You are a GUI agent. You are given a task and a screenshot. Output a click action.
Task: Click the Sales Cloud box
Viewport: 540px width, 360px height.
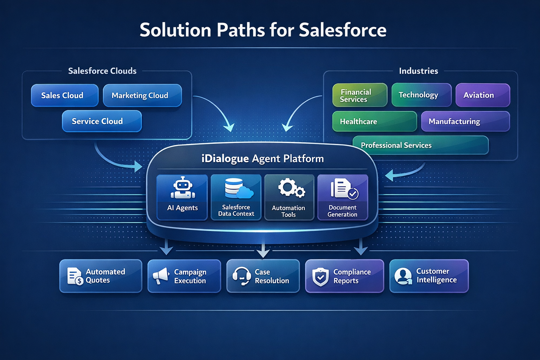tap(65, 95)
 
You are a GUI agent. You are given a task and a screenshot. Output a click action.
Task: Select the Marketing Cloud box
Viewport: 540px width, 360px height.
tap(142, 95)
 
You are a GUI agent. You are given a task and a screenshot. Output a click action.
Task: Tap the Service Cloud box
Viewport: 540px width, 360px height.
tap(102, 121)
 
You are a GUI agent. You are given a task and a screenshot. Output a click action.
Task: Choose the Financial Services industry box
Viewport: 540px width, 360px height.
tap(360, 95)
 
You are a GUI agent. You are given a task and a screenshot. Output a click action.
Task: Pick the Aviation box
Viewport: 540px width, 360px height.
tap(482, 95)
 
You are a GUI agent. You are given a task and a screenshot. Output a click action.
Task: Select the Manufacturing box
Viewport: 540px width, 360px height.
tap(465, 122)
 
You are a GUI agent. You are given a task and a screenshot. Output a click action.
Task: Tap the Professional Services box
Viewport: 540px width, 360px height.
tap(420, 145)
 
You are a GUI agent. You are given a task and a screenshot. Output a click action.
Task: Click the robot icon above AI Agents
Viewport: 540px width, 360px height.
tap(182, 188)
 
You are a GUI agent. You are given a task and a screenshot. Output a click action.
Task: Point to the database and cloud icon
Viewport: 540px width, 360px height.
tap(238, 188)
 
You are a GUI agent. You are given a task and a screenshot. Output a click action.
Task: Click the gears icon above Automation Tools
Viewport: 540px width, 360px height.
tap(291, 188)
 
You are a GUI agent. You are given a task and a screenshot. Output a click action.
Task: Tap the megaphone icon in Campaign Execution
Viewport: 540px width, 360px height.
tap(161, 276)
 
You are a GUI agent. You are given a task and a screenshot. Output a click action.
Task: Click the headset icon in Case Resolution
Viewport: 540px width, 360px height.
tap(242, 276)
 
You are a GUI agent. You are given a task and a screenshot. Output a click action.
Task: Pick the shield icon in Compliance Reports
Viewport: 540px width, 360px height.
tap(320, 277)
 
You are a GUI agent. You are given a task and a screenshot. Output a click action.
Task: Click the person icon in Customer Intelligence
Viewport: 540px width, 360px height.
tap(403, 276)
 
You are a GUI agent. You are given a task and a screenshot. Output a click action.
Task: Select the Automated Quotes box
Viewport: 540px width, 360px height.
tap(101, 276)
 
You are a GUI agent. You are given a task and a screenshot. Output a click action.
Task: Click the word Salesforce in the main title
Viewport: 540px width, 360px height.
tap(342, 30)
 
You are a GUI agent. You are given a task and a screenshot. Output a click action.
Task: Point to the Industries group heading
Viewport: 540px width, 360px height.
tap(418, 71)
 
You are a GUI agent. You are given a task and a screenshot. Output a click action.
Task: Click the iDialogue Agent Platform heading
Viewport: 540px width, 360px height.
tap(262, 159)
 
